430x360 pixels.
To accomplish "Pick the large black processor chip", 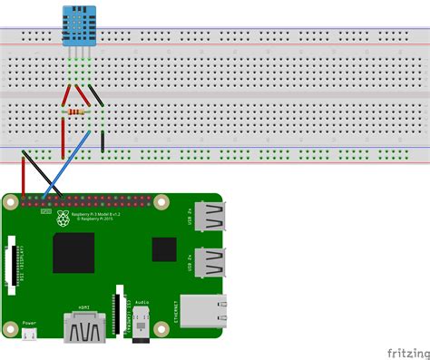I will tap(73, 253).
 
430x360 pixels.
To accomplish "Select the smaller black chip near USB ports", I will tap(163, 248).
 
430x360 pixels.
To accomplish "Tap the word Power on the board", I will tap(29, 323).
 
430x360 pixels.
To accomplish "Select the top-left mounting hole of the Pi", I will tap(13, 201).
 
